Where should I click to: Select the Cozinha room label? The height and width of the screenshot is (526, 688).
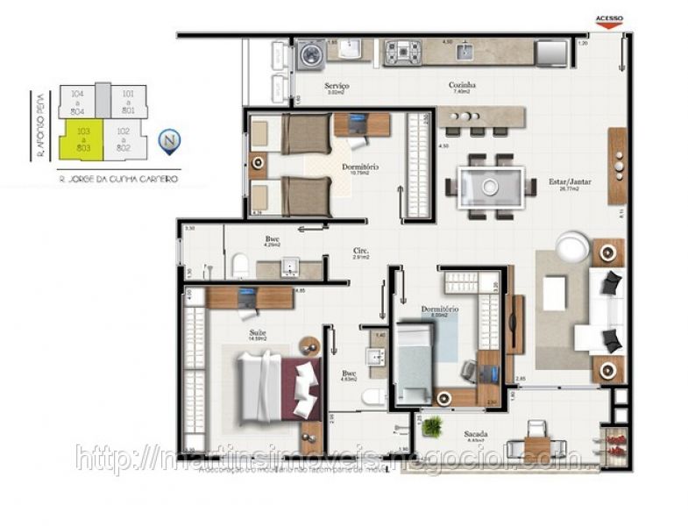[x=462, y=86]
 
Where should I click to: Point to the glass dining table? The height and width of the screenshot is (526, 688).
[x=490, y=186]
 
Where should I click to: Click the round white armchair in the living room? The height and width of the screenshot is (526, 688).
[x=573, y=247]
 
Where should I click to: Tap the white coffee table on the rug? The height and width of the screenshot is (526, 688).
[x=555, y=294]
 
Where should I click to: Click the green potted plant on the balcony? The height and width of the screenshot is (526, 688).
[x=431, y=427]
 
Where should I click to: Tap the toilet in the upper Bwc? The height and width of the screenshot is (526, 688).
[x=239, y=265]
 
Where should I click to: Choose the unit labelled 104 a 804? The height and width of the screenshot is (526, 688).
[x=78, y=100]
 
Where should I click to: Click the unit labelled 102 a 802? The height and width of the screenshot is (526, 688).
[x=124, y=139]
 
